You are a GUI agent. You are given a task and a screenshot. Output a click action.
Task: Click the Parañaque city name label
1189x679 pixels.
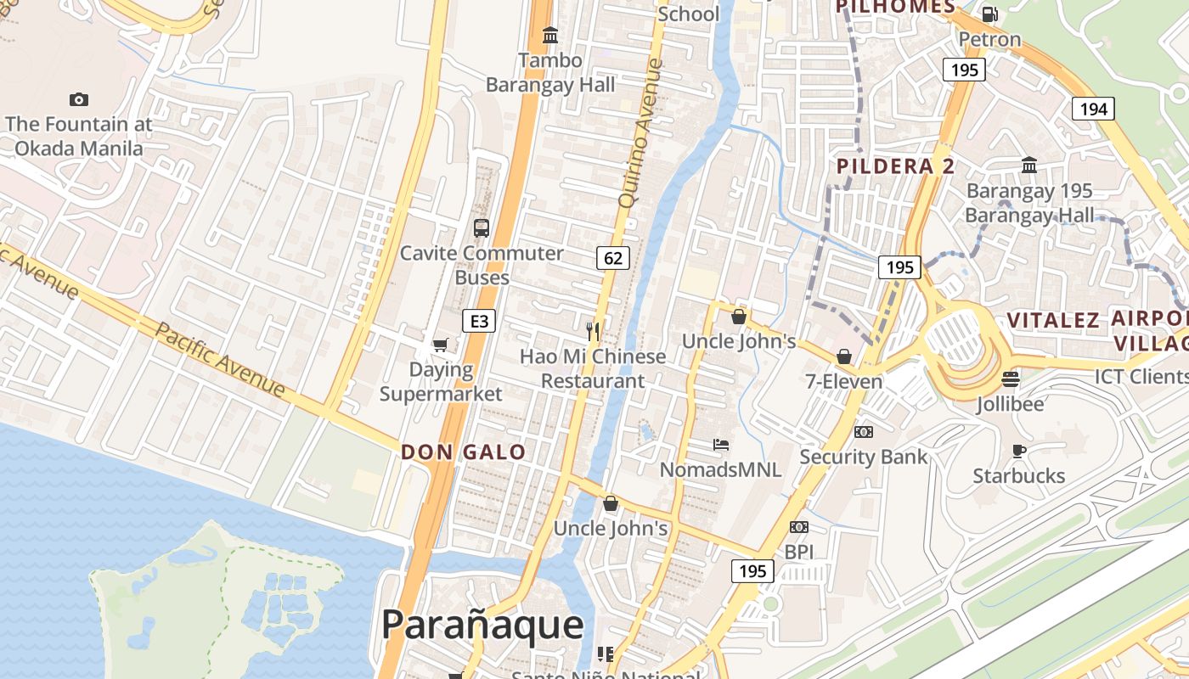pos(482,625)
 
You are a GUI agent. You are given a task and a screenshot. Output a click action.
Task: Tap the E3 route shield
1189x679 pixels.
pos(479,321)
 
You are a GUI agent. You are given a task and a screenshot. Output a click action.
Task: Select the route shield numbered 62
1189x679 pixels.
pos(613,257)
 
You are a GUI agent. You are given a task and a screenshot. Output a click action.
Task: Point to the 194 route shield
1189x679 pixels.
pos(1093,109)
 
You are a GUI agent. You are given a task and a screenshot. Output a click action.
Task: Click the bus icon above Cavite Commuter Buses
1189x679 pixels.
pos(482,227)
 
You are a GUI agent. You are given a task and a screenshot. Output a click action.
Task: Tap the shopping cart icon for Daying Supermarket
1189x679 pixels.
pos(440,345)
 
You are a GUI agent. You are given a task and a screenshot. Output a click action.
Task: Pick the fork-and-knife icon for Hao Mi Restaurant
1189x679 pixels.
pos(594,331)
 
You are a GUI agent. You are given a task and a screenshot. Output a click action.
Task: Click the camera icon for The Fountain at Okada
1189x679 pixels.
pos(79,99)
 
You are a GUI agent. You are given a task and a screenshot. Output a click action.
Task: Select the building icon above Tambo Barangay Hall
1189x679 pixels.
pos(550,35)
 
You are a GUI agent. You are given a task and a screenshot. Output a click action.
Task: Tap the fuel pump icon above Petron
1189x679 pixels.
pos(989,14)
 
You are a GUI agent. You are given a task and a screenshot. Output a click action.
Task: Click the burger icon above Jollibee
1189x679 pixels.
pos(1010,379)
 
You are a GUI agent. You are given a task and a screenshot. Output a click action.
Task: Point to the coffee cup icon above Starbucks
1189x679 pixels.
pos(1019,451)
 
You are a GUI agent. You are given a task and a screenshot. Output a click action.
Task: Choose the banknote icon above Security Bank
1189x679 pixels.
pos(864,432)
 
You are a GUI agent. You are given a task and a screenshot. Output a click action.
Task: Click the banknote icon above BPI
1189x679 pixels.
pos(799,527)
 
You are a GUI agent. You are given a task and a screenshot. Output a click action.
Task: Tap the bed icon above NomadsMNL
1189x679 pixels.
pos(721,444)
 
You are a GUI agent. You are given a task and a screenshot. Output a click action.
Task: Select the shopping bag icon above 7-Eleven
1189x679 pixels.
pos(844,356)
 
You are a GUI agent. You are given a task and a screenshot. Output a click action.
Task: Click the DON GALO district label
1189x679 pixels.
pos(464,452)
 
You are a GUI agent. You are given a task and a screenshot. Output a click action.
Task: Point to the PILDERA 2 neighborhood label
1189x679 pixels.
pos(896,166)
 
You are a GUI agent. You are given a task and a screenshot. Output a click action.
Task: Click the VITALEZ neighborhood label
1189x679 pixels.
pos(1053,321)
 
